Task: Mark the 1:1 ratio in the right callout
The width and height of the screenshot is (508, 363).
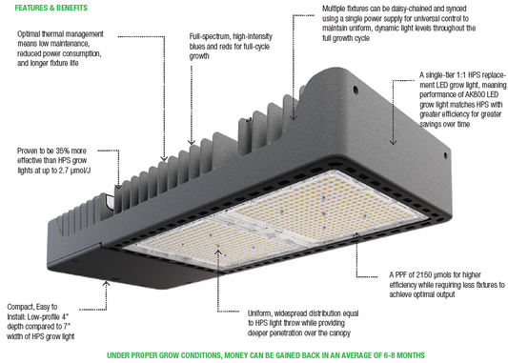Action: pyautogui.click(x=466, y=74)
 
